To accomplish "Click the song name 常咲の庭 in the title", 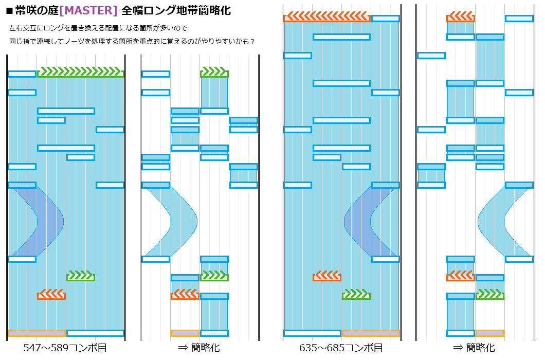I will tap(37, 10).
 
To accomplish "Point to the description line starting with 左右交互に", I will tap(98, 27).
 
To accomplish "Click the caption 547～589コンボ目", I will tap(65, 348).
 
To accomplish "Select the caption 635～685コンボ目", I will tap(341, 348).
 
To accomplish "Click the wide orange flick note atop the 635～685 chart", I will tap(327, 18).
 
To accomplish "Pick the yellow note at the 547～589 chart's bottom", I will tap(37, 333).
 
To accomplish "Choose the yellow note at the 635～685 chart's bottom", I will tap(371, 333).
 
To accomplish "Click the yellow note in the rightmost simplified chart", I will tap(490, 333).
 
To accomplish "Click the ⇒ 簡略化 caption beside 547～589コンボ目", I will tap(199, 348).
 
